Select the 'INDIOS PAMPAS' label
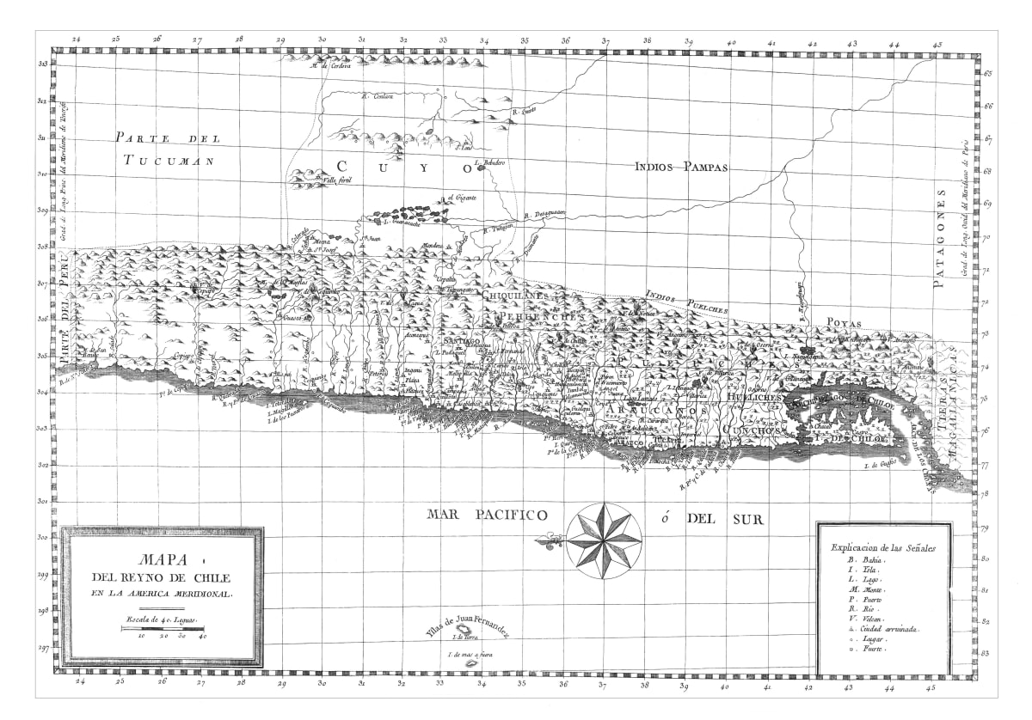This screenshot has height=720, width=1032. click(x=681, y=167)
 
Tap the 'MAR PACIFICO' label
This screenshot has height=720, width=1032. click(x=487, y=515)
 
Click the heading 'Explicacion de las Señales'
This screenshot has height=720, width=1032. click(x=884, y=546)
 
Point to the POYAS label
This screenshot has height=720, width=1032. click(x=844, y=323)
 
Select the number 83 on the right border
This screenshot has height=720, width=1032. click(x=987, y=654)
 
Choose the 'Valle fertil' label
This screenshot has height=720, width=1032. click(x=339, y=180)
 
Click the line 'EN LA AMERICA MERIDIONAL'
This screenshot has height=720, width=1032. click(x=163, y=594)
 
